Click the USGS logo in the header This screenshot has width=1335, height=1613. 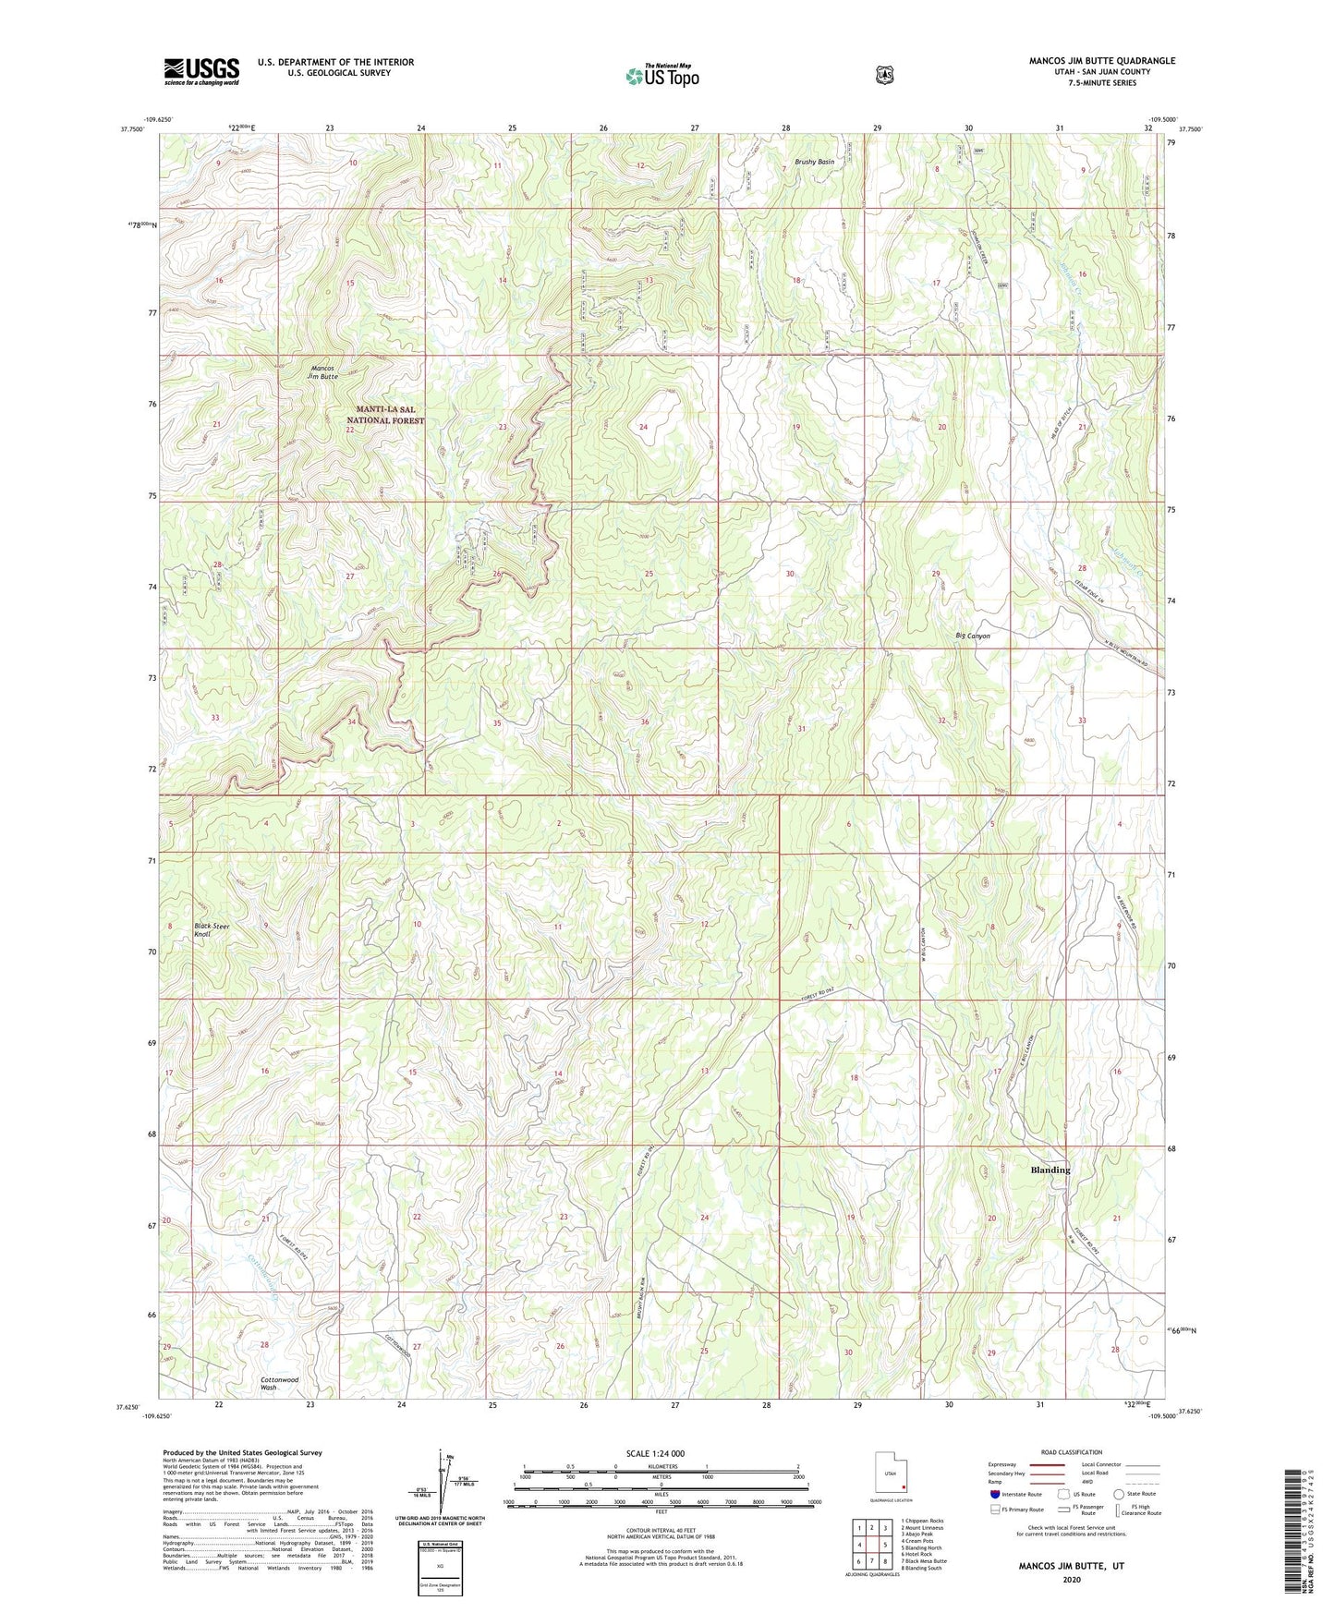(x=201, y=70)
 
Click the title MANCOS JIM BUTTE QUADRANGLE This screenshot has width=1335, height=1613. (x=1102, y=61)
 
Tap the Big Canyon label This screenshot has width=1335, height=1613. (x=972, y=636)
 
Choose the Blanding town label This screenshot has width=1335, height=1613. (x=1050, y=1170)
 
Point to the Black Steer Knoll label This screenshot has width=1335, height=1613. (x=212, y=929)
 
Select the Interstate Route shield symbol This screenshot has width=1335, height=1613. (x=994, y=1494)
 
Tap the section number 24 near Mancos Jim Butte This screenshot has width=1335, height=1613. (x=643, y=427)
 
